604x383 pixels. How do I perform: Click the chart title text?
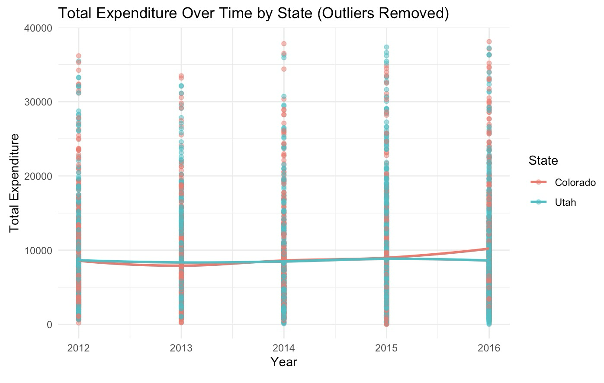click(x=254, y=13)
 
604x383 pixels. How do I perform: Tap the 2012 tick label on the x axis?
click(x=78, y=348)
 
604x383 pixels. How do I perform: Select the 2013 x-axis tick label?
click(x=181, y=348)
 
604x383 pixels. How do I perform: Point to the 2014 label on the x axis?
click(x=283, y=348)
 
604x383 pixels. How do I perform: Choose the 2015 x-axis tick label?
click(x=386, y=348)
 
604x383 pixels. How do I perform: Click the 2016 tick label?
click(x=489, y=348)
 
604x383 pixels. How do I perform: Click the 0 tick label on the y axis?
click(x=49, y=325)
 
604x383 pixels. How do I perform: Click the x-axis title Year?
click(x=283, y=362)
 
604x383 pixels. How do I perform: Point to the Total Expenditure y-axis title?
click(x=14, y=182)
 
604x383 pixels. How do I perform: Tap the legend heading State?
click(x=543, y=161)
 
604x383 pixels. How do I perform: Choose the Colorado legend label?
click(x=575, y=182)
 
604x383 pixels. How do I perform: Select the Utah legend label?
click(x=565, y=202)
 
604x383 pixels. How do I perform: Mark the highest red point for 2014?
click(x=284, y=44)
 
